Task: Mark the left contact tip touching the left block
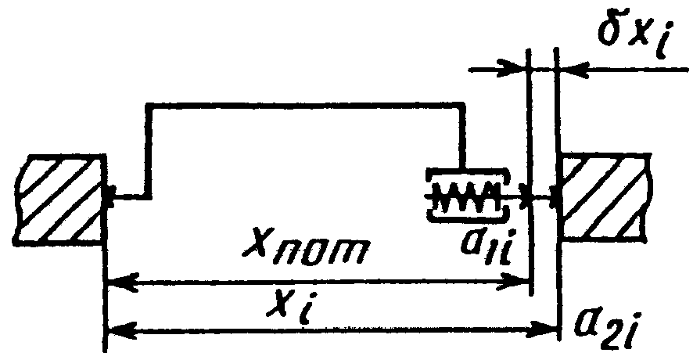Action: tap(110, 196)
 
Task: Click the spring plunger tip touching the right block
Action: tap(554, 196)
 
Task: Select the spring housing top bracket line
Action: tap(467, 174)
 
